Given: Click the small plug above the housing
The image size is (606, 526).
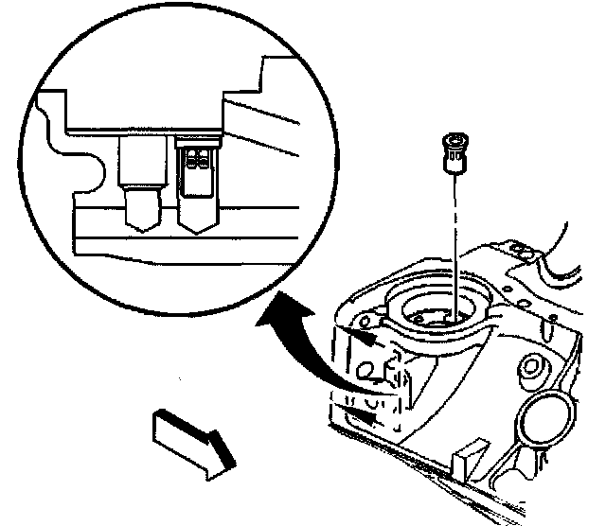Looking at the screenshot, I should (x=454, y=152).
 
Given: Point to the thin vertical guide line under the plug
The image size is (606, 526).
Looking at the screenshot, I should (x=456, y=246).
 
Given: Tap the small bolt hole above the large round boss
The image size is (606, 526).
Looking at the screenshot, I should (x=536, y=364).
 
